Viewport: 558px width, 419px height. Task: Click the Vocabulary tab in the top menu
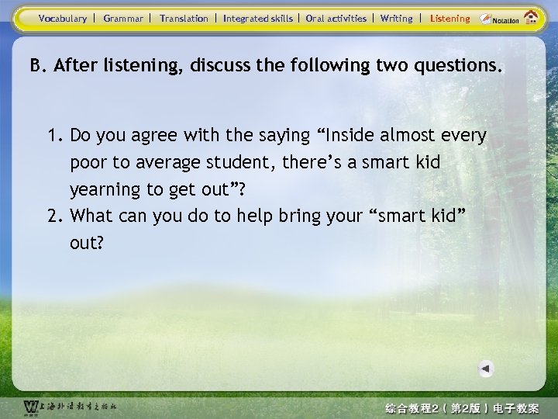click(x=62, y=18)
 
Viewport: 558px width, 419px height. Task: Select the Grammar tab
click(x=123, y=18)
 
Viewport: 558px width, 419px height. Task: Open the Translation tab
click(x=184, y=18)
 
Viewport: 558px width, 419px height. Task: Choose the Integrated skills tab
click(x=258, y=18)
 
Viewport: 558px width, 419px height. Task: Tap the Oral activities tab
click(x=336, y=18)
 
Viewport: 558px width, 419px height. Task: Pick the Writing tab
click(x=397, y=18)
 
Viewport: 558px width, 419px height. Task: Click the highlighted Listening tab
click(x=449, y=18)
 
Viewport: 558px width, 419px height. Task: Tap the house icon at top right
click(x=531, y=17)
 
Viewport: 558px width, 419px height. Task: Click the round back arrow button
click(x=485, y=369)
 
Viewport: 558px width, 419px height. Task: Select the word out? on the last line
click(x=86, y=243)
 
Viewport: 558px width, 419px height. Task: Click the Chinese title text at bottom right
click(x=462, y=408)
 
